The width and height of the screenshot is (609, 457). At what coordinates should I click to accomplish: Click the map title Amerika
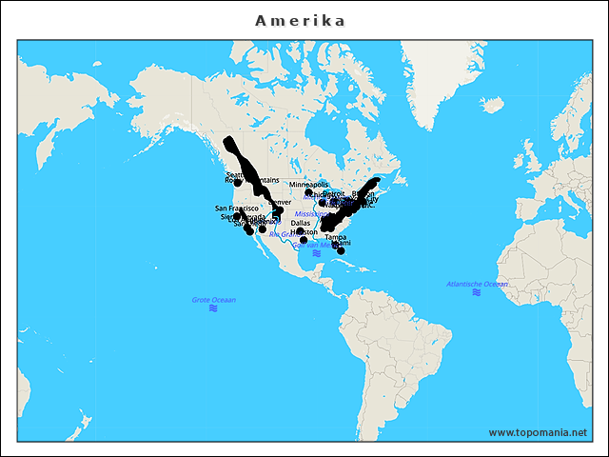tap(300, 21)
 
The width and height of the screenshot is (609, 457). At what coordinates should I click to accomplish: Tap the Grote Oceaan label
tap(213, 300)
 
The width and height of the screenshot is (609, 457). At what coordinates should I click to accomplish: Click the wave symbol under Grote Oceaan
tap(213, 309)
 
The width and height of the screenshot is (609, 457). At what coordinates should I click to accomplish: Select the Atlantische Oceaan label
tap(477, 284)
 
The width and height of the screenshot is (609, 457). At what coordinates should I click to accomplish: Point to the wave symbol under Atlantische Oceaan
tap(476, 292)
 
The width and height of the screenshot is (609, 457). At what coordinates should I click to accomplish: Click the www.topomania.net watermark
tap(538, 432)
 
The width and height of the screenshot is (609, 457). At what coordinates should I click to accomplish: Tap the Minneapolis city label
tap(308, 184)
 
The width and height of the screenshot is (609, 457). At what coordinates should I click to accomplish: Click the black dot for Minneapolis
tap(308, 192)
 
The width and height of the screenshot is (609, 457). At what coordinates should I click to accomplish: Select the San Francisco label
tap(237, 208)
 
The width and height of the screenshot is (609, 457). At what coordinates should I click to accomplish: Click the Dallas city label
tap(300, 223)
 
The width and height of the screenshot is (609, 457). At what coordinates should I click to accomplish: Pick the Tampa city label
tap(335, 237)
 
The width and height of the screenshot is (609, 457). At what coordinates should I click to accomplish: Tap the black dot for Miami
tap(341, 250)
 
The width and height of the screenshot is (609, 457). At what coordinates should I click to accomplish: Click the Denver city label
tap(280, 203)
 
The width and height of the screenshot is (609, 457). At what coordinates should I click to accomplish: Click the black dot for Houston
tap(304, 240)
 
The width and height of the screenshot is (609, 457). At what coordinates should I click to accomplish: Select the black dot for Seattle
tap(238, 182)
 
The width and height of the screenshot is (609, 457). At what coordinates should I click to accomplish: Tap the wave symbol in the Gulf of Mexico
tap(315, 253)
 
